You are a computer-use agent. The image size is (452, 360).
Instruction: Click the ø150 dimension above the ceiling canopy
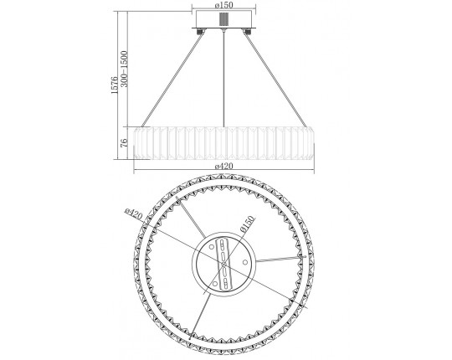click(x=223, y=5)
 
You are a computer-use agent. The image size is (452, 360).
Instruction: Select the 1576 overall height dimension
click(x=115, y=85)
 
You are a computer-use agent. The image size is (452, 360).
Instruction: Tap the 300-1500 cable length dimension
click(x=124, y=69)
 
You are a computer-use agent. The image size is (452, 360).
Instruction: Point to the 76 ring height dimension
click(x=124, y=143)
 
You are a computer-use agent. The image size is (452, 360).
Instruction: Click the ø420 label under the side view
click(x=223, y=166)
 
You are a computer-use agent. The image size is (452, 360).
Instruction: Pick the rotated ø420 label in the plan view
click(x=133, y=213)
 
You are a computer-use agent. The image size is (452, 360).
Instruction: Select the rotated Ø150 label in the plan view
click(x=247, y=224)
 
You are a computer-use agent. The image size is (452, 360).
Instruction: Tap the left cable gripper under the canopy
click(x=200, y=32)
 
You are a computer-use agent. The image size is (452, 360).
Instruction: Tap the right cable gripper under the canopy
click(x=247, y=32)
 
